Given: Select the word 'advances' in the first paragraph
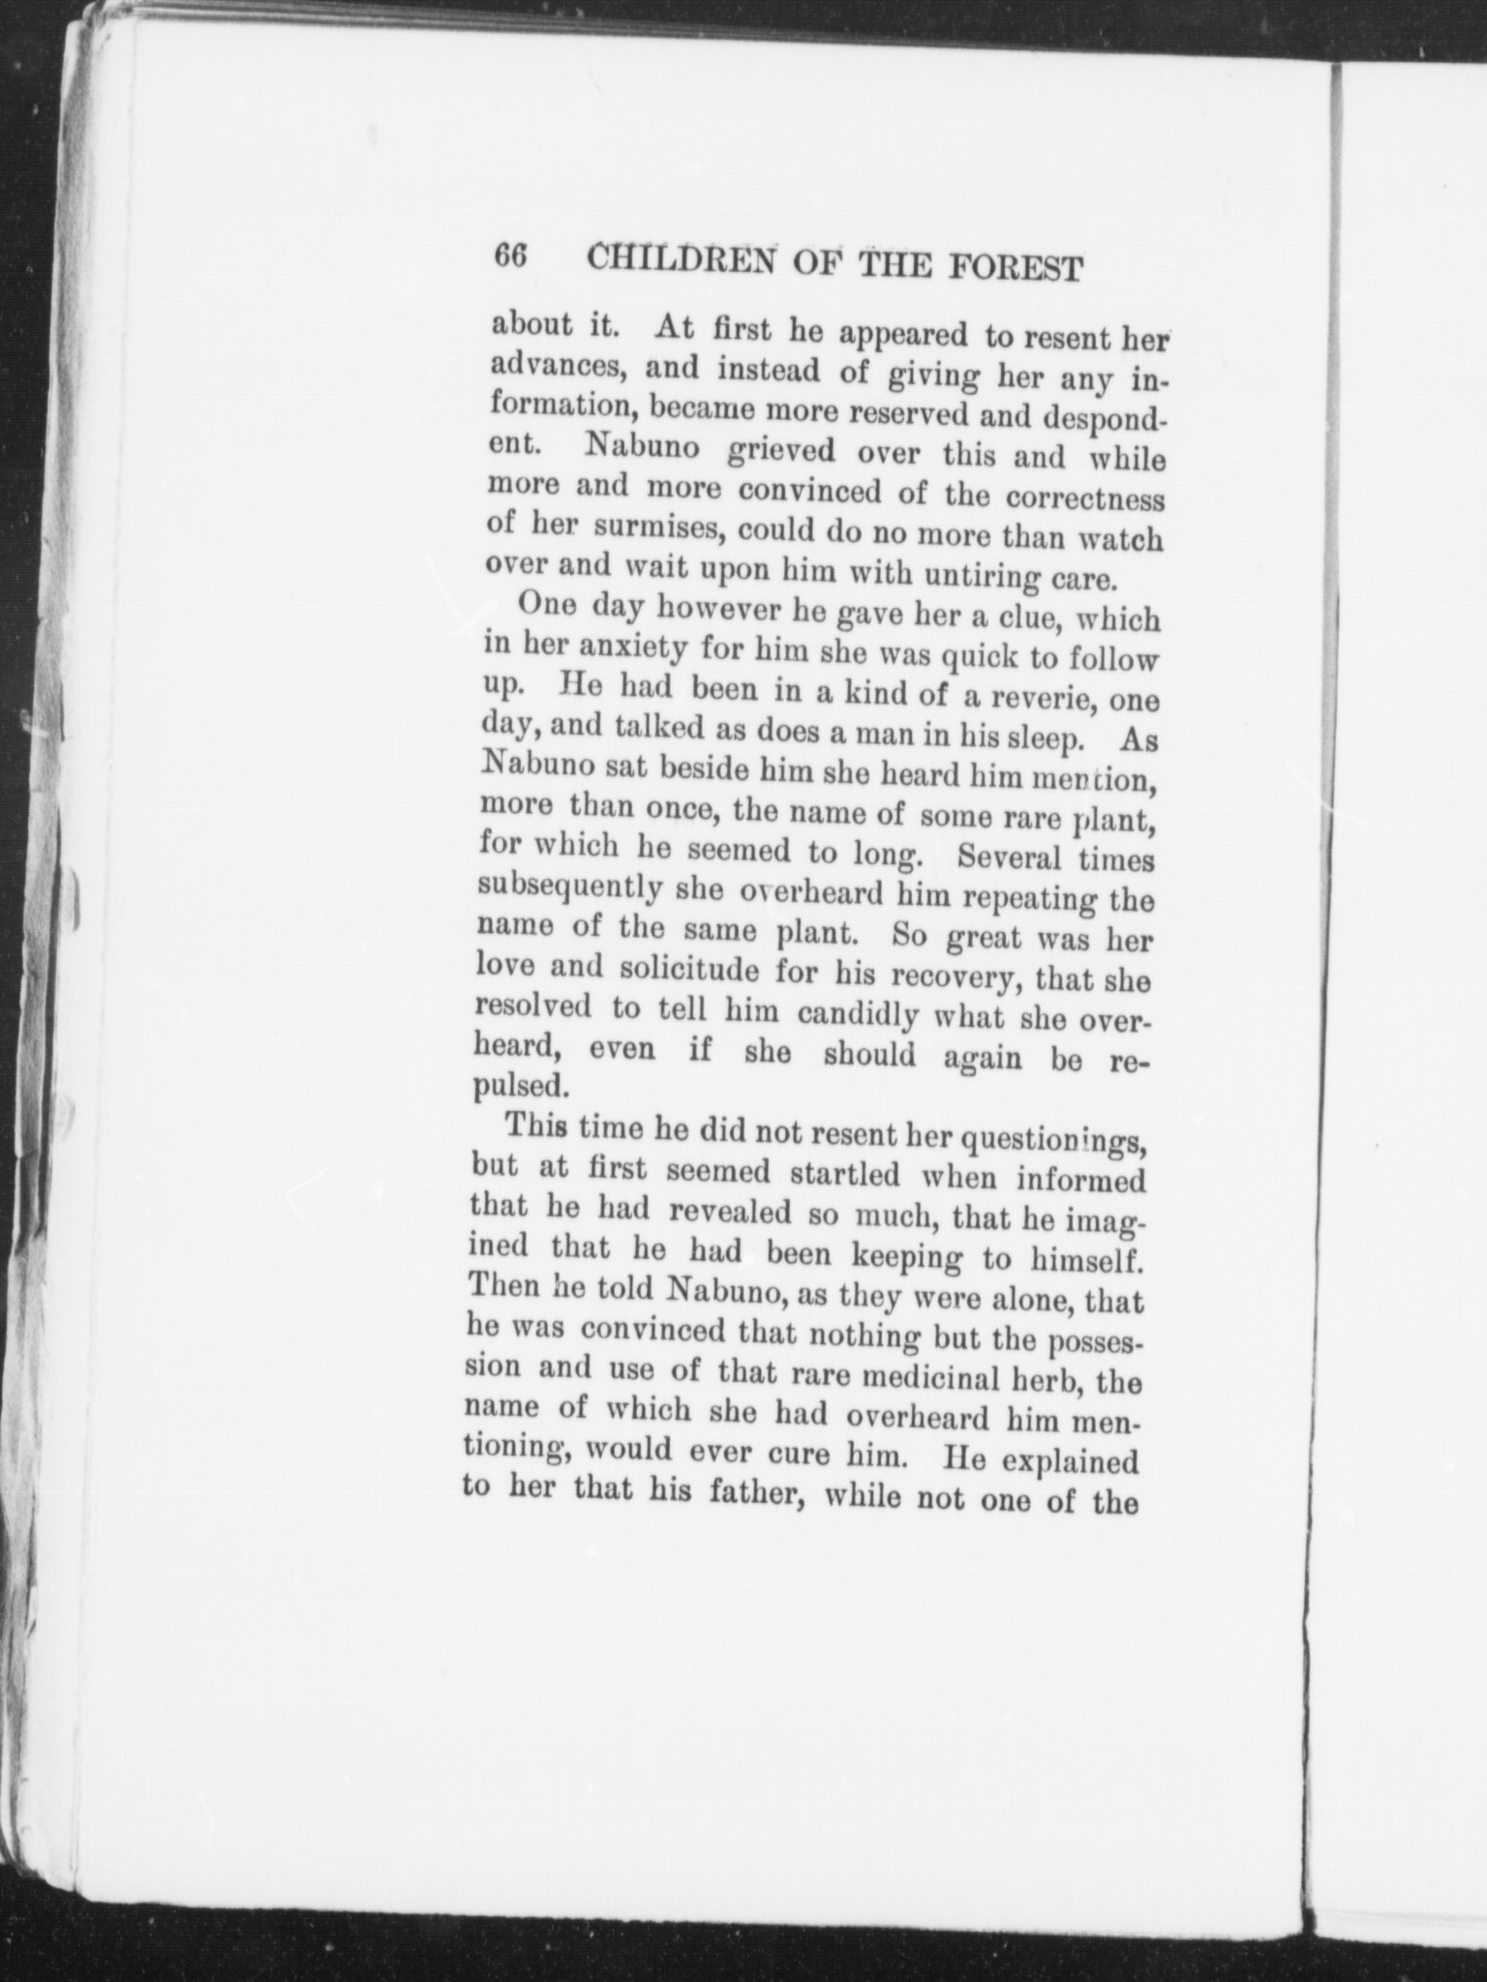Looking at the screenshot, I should [555, 368].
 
